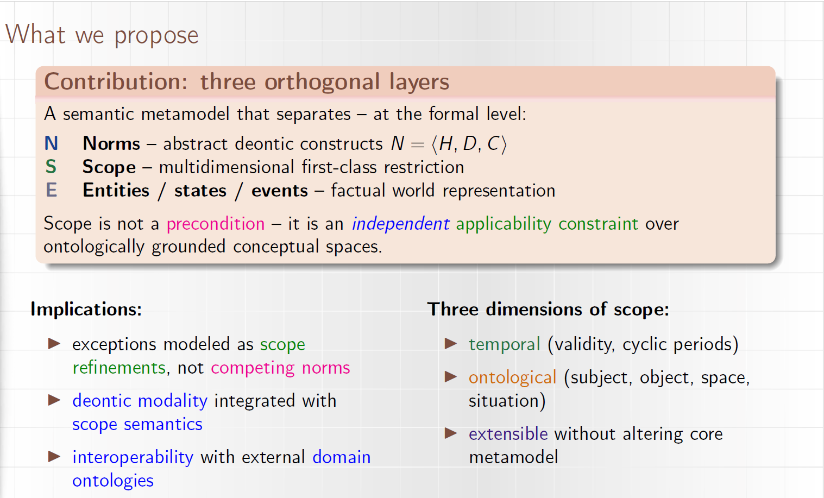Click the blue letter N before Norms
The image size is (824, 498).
click(x=51, y=143)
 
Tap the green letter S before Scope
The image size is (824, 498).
click(x=51, y=167)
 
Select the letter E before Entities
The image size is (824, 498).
click(x=51, y=190)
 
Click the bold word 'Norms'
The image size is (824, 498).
click(x=111, y=143)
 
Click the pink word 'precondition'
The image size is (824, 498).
click(x=216, y=224)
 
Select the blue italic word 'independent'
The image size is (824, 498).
click(x=401, y=224)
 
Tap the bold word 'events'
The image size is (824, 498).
click(x=280, y=191)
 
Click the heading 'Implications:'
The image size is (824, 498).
click(x=86, y=310)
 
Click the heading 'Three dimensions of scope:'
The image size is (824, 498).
click(x=548, y=310)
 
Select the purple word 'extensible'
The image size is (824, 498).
click(x=508, y=434)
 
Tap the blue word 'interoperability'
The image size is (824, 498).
click(x=133, y=458)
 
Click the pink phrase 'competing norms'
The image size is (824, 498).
click(x=280, y=368)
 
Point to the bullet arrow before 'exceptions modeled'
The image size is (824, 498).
click(x=54, y=344)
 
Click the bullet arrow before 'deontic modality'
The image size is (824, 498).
click(x=54, y=400)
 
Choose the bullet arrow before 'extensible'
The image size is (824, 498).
click(x=451, y=433)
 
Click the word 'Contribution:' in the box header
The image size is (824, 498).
click(x=116, y=81)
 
